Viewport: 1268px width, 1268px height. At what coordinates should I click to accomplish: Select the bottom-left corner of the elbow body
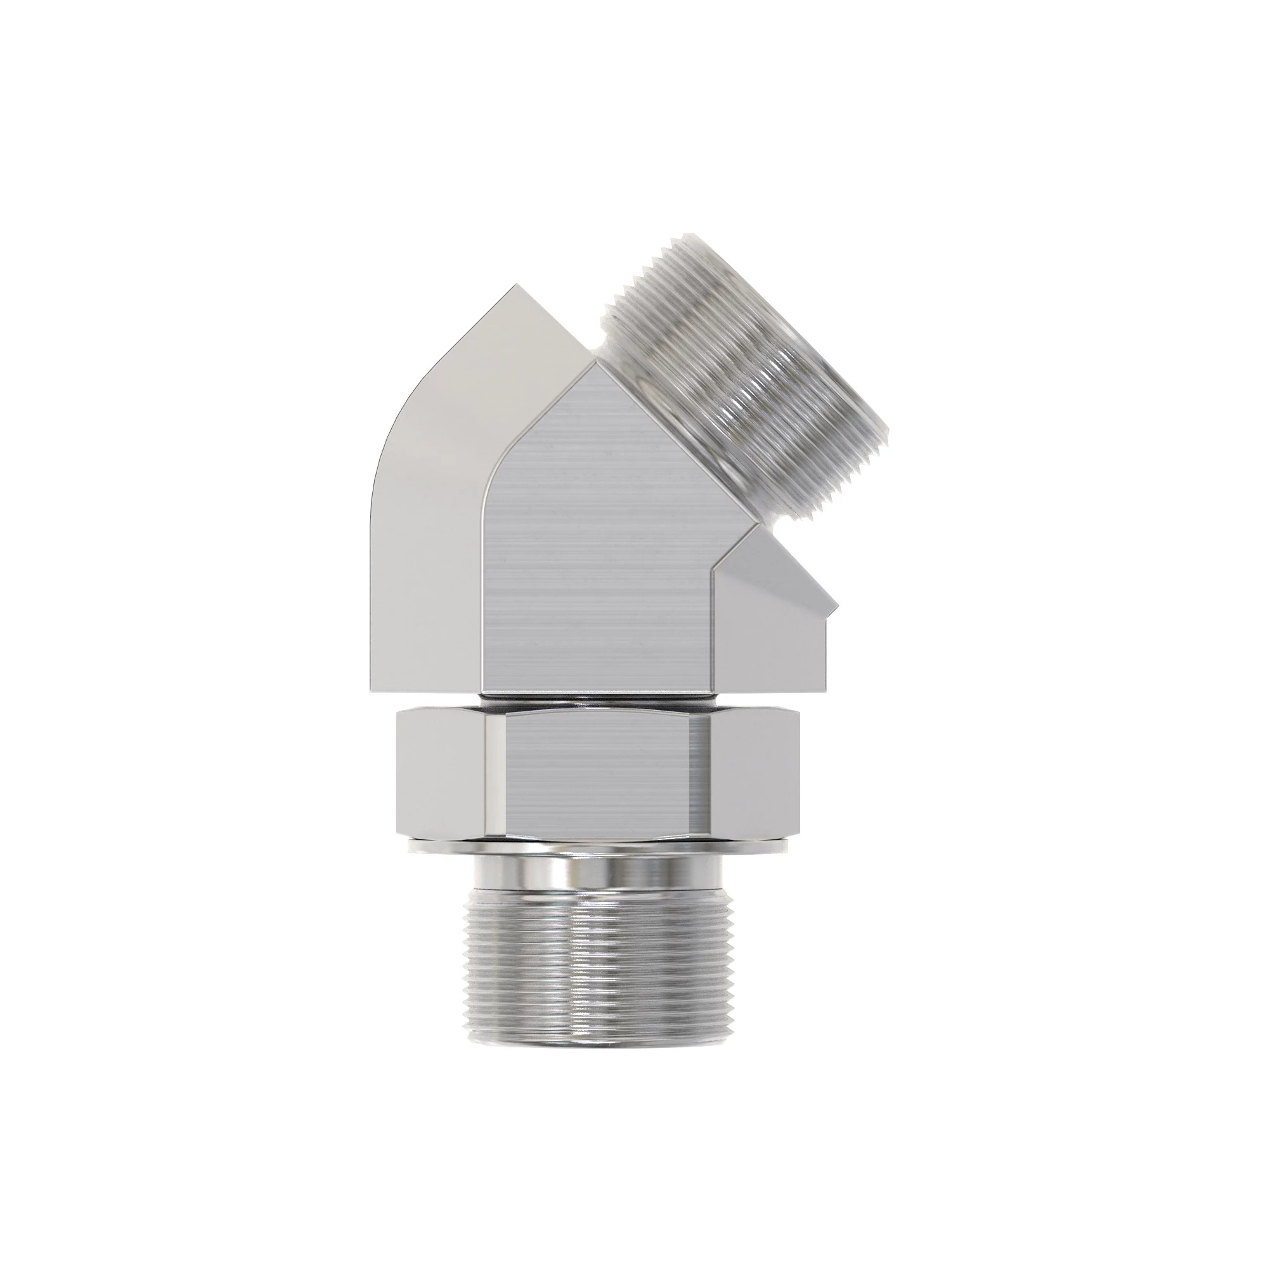coord(372,693)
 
